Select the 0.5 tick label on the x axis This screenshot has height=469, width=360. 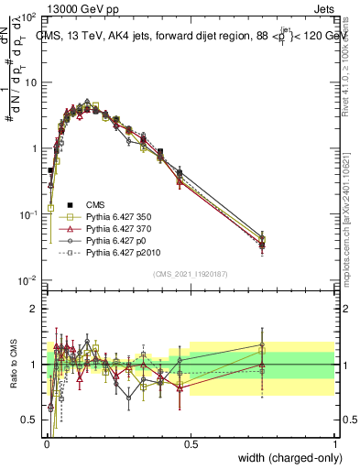[x=191, y=443]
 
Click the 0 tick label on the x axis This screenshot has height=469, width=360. [x=46, y=443]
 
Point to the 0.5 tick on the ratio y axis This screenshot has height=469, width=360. [x=32, y=420]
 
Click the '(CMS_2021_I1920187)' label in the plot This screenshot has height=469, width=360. [x=191, y=272]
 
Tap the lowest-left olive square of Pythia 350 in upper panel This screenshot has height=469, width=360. [x=51, y=208]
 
